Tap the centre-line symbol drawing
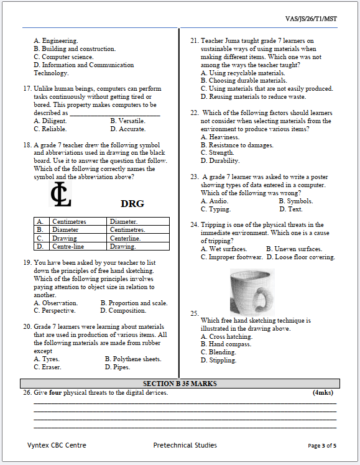pos(60,195)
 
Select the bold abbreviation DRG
pos(132,203)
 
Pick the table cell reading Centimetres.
pos(70,221)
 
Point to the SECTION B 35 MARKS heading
pos(180,384)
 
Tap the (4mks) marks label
pos(323,394)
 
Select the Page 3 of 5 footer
pos(322,446)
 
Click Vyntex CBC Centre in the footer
pos(57,445)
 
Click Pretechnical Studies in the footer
pos(185,445)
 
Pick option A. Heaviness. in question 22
pos(219,137)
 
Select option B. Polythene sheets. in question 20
pos(132,359)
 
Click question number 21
pos(193,41)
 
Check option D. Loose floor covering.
pos(300,257)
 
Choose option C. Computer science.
pos(63,57)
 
